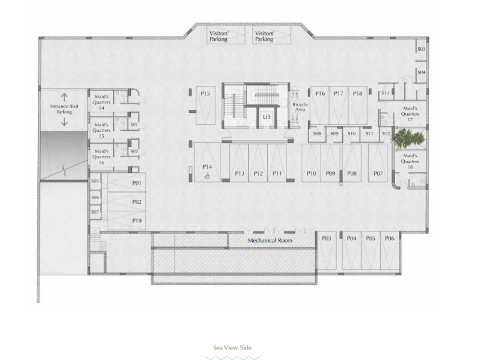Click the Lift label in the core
[266, 117]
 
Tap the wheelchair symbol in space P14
[207, 176]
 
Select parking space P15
[206, 105]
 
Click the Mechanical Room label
[270, 240]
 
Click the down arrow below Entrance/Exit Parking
[64, 122]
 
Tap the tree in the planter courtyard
[408, 138]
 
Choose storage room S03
[421, 49]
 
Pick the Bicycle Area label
[300, 107]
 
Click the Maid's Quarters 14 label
[101, 102]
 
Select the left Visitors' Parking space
[226, 35]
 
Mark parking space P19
[127, 221]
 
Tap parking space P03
[327, 250]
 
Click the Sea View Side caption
[233, 348]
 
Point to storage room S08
[317, 134]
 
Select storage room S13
[385, 93]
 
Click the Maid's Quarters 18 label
[410, 161]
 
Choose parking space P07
[378, 163]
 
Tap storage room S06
[95, 198]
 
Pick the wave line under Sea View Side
[233, 358]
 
